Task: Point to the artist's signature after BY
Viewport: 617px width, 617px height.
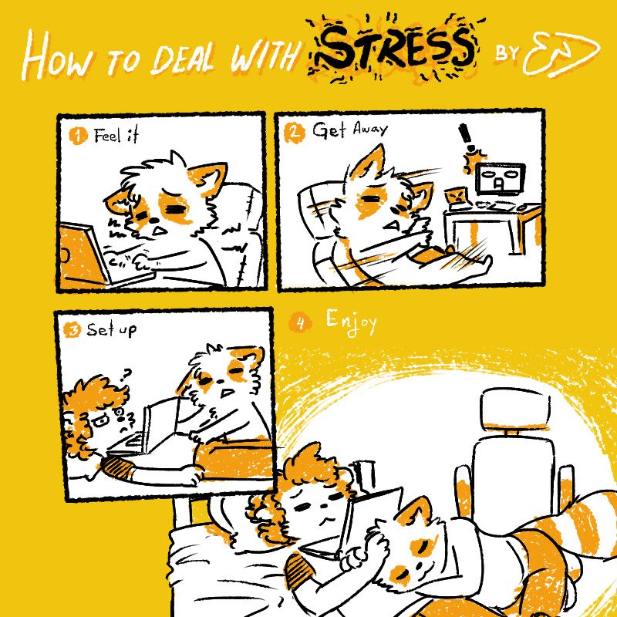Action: (x=561, y=53)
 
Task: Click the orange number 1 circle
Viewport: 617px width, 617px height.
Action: (x=78, y=137)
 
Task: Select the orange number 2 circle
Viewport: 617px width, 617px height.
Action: (x=295, y=133)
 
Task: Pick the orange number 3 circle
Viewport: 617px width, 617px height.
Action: (x=72, y=330)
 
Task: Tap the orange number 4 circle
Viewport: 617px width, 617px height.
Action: (x=300, y=323)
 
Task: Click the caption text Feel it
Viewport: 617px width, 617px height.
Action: (x=116, y=136)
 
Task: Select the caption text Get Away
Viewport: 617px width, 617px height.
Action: (x=350, y=130)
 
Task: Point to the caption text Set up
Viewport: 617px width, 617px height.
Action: (x=111, y=330)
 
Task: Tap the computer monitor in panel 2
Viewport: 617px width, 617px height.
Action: (x=500, y=179)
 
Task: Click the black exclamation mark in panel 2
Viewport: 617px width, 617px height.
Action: (x=467, y=139)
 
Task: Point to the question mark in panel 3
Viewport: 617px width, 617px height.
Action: (x=126, y=375)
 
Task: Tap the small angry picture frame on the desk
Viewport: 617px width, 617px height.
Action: (x=457, y=197)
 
